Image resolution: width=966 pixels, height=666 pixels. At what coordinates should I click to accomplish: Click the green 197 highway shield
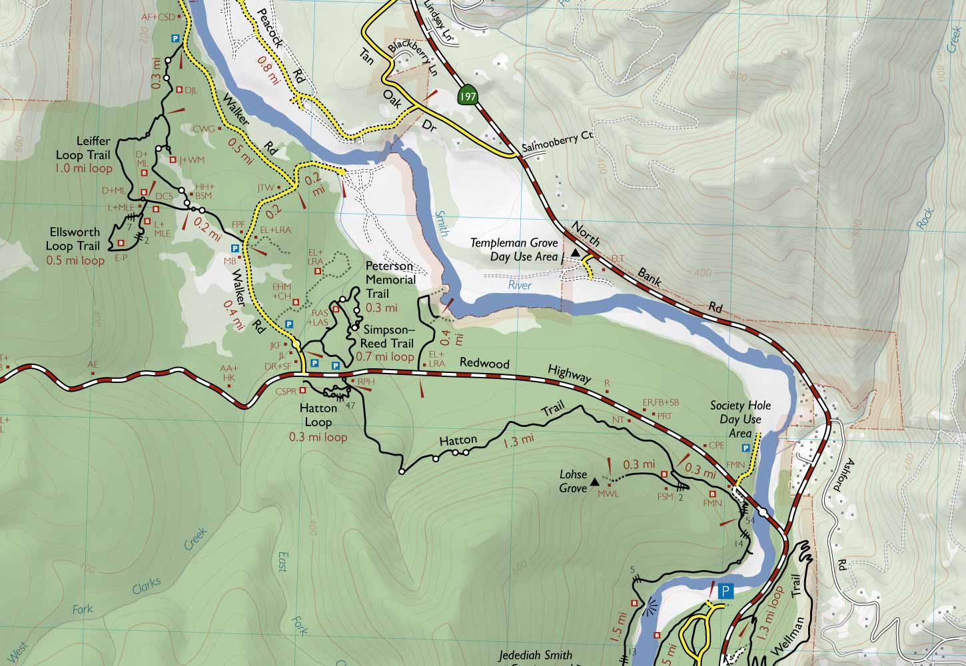click(467, 97)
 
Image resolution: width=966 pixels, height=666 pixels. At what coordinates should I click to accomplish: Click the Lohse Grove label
click(573, 482)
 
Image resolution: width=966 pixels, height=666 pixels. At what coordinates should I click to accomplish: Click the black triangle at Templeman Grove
click(575, 253)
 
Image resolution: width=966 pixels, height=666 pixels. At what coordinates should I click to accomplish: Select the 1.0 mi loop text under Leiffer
click(83, 168)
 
